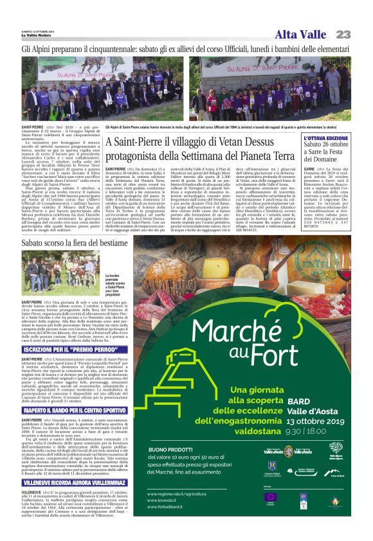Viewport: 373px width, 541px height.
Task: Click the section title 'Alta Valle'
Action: coord(300,35)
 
